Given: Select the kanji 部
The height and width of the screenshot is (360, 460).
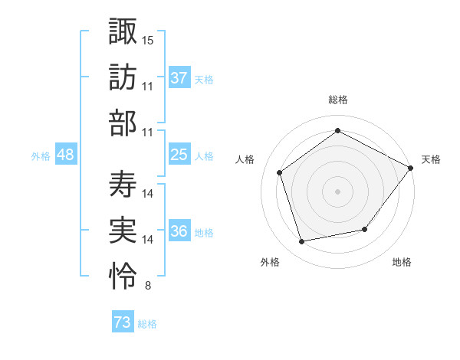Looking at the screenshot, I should click(123, 123).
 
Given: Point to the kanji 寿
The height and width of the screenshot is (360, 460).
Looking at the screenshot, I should click(123, 184).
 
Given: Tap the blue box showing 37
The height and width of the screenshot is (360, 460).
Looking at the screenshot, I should click(179, 77).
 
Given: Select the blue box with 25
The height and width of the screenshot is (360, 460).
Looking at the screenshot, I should click(179, 155).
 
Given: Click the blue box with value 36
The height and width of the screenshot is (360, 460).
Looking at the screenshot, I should click(179, 232).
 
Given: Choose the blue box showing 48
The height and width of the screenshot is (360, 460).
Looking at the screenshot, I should click(65, 155).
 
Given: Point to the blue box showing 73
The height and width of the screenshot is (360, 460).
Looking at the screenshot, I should click(122, 322).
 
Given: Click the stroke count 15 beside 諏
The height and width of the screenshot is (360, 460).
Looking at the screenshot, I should click(148, 38).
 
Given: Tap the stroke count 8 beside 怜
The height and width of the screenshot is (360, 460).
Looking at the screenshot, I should click(147, 286).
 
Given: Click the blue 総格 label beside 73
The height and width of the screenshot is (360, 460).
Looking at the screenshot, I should click(147, 324).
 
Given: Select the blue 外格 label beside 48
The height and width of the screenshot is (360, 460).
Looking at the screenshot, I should click(41, 156).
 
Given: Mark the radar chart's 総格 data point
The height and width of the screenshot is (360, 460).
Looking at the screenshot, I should click(337, 131).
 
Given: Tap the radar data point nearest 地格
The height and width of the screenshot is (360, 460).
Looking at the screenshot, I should click(365, 229).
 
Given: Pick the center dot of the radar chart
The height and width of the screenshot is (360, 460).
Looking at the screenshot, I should click(337, 191).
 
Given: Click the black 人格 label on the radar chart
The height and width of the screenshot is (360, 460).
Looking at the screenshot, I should click(245, 159).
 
